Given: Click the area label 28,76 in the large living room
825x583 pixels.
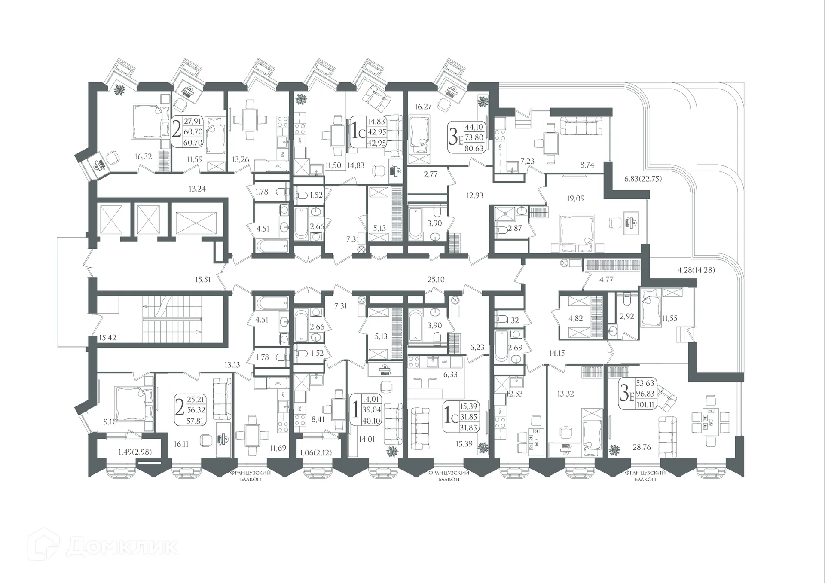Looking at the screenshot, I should pos(641,447).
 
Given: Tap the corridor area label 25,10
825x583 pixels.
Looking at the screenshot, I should pos(436,280).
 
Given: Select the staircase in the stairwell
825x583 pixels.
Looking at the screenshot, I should pos(171,319).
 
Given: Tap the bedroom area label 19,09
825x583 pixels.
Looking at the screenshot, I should pos(575,198).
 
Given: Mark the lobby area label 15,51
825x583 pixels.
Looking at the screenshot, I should pos(203,280).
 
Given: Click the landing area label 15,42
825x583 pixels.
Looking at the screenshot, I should pos(107,338).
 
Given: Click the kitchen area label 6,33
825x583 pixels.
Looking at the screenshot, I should pos(450,375).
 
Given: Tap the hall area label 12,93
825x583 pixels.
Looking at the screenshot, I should pos(475,195).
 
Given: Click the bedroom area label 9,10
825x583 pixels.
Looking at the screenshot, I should pos(110,422).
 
